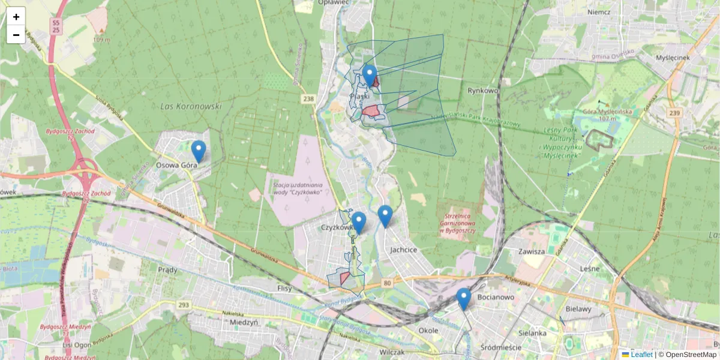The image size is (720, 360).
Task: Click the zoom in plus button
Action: tap(16, 17)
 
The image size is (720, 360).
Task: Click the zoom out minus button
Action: tap(16, 35)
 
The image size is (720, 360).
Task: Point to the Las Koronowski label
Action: tap(191, 106)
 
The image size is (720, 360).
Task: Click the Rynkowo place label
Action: tap(483, 91)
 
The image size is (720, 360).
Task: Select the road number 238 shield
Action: tap(309, 98)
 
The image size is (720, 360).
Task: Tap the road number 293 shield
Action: tap(184, 305)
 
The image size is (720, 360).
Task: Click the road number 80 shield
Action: tap(387, 283)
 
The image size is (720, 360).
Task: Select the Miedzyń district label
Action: tap(244, 322)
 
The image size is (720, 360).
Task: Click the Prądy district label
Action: tap(167, 270)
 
